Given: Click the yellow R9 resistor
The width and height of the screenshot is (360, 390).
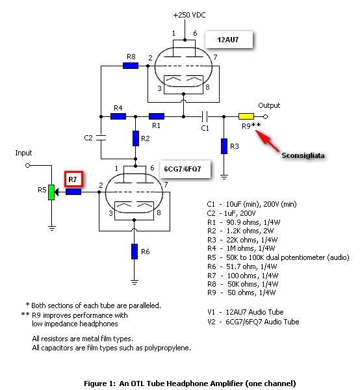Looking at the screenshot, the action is coord(246,116).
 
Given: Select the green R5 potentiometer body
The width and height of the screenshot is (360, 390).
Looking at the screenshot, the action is coord(51,192).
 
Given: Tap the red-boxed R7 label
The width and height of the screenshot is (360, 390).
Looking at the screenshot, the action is coord(73,179).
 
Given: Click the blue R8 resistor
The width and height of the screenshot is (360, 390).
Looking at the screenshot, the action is coord(131,66).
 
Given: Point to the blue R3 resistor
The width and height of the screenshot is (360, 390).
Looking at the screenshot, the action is coord(224,146).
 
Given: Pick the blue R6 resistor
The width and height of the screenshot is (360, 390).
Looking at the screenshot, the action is coord(135,252).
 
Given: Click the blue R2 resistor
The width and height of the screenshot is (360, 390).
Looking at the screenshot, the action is coord(136,138).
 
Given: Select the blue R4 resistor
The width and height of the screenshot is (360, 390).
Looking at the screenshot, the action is coord(118,116).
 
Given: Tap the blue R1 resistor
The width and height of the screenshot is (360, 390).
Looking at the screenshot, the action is coord(157,116).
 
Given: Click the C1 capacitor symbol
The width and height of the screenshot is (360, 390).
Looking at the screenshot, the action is coord(205,116).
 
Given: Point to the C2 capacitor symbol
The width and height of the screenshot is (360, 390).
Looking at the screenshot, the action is coord(101,138).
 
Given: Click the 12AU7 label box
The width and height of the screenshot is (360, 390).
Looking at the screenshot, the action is coord(229,40).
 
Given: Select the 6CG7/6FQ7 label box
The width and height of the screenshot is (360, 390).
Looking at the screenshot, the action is coord(185,170).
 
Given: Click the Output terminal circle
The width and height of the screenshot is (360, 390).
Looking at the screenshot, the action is coord(265,116).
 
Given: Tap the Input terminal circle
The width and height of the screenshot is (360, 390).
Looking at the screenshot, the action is coord(27,165).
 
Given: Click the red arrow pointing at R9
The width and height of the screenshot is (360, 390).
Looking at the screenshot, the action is coord(267,141).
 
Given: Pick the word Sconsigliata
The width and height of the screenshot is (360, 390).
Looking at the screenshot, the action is coord(303,156).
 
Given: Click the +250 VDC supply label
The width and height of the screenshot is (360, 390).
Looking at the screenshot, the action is coord(190,15).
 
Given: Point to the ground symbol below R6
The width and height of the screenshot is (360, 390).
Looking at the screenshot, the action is coord(135,282).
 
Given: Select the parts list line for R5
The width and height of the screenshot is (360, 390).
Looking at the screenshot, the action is coord(278,257).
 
